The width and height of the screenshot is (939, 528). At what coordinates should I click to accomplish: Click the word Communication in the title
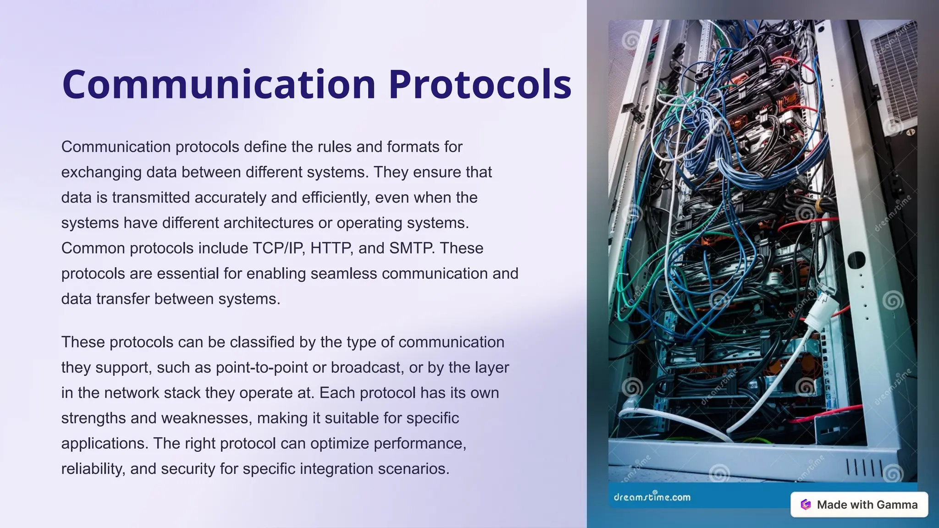[219, 84]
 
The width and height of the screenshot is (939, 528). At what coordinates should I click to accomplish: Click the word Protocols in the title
[480, 84]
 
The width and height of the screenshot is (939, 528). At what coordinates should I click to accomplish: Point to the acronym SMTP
[411, 248]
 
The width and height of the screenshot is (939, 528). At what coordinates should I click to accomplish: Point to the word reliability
[93, 469]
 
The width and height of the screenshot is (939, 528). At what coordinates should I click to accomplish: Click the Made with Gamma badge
[859, 505]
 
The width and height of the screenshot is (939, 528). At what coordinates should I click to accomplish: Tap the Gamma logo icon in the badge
[806, 505]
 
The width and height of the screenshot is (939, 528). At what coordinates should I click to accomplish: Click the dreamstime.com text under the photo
[652, 497]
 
